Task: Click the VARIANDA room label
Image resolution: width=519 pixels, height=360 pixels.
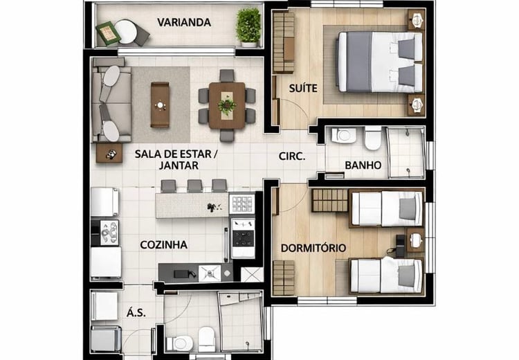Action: click(x=184, y=23)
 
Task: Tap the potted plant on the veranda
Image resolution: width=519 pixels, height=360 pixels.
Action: click(x=248, y=27)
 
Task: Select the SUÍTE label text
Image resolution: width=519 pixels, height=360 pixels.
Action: click(x=303, y=88)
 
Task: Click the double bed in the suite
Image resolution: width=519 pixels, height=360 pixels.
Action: click(x=380, y=62)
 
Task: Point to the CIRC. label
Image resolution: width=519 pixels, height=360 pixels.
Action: click(x=292, y=156)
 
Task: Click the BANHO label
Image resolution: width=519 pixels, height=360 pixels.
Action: click(x=363, y=165)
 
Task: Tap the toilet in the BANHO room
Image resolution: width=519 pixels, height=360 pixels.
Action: click(x=373, y=138)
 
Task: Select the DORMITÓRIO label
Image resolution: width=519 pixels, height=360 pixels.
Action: click(x=313, y=248)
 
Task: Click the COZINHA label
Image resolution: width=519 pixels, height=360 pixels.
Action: click(x=163, y=245)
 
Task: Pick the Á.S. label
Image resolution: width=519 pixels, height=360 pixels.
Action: click(x=136, y=313)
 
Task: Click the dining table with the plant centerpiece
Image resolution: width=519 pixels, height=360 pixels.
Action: click(x=227, y=106)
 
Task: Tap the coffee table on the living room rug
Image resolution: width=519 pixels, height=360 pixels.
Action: click(x=160, y=105)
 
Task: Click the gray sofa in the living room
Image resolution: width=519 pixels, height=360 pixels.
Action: click(x=111, y=100)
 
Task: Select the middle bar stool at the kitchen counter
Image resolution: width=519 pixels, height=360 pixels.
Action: click(x=194, y=186)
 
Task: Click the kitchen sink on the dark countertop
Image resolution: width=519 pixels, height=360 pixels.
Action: click(x=209, y=273)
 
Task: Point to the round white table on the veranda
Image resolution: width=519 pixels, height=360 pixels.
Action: click(x=125, y=32)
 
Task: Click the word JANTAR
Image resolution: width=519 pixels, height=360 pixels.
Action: click(x=179, y=165)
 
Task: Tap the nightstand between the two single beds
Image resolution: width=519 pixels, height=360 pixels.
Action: click(x=416, y=240)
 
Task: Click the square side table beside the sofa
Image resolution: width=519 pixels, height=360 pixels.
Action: click(x=109, y=153)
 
